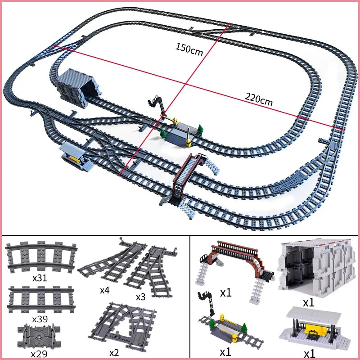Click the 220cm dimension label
259,99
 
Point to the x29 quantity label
40,353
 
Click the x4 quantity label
104,290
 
